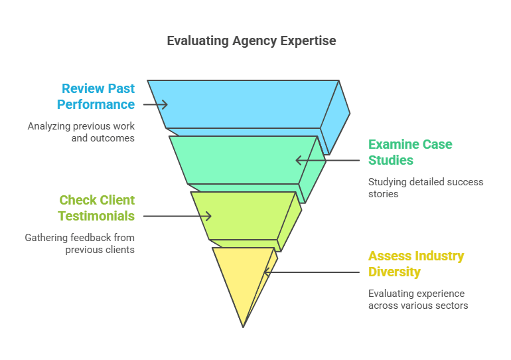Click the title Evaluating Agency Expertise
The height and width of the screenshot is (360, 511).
251,41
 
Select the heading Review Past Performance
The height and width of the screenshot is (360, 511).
97,96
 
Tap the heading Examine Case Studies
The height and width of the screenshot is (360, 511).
410,152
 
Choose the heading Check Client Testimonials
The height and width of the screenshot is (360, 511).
96,208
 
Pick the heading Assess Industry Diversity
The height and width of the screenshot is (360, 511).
416,264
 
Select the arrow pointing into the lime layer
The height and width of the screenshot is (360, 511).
177,216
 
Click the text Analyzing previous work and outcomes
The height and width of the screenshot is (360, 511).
81,132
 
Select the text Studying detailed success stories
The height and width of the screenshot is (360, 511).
425,188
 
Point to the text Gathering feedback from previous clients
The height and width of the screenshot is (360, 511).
80,244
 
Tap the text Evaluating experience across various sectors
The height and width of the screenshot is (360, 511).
418,300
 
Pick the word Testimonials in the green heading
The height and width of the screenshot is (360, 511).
96,216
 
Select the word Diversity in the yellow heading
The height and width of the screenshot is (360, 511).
394,272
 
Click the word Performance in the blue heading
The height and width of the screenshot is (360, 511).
96,104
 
